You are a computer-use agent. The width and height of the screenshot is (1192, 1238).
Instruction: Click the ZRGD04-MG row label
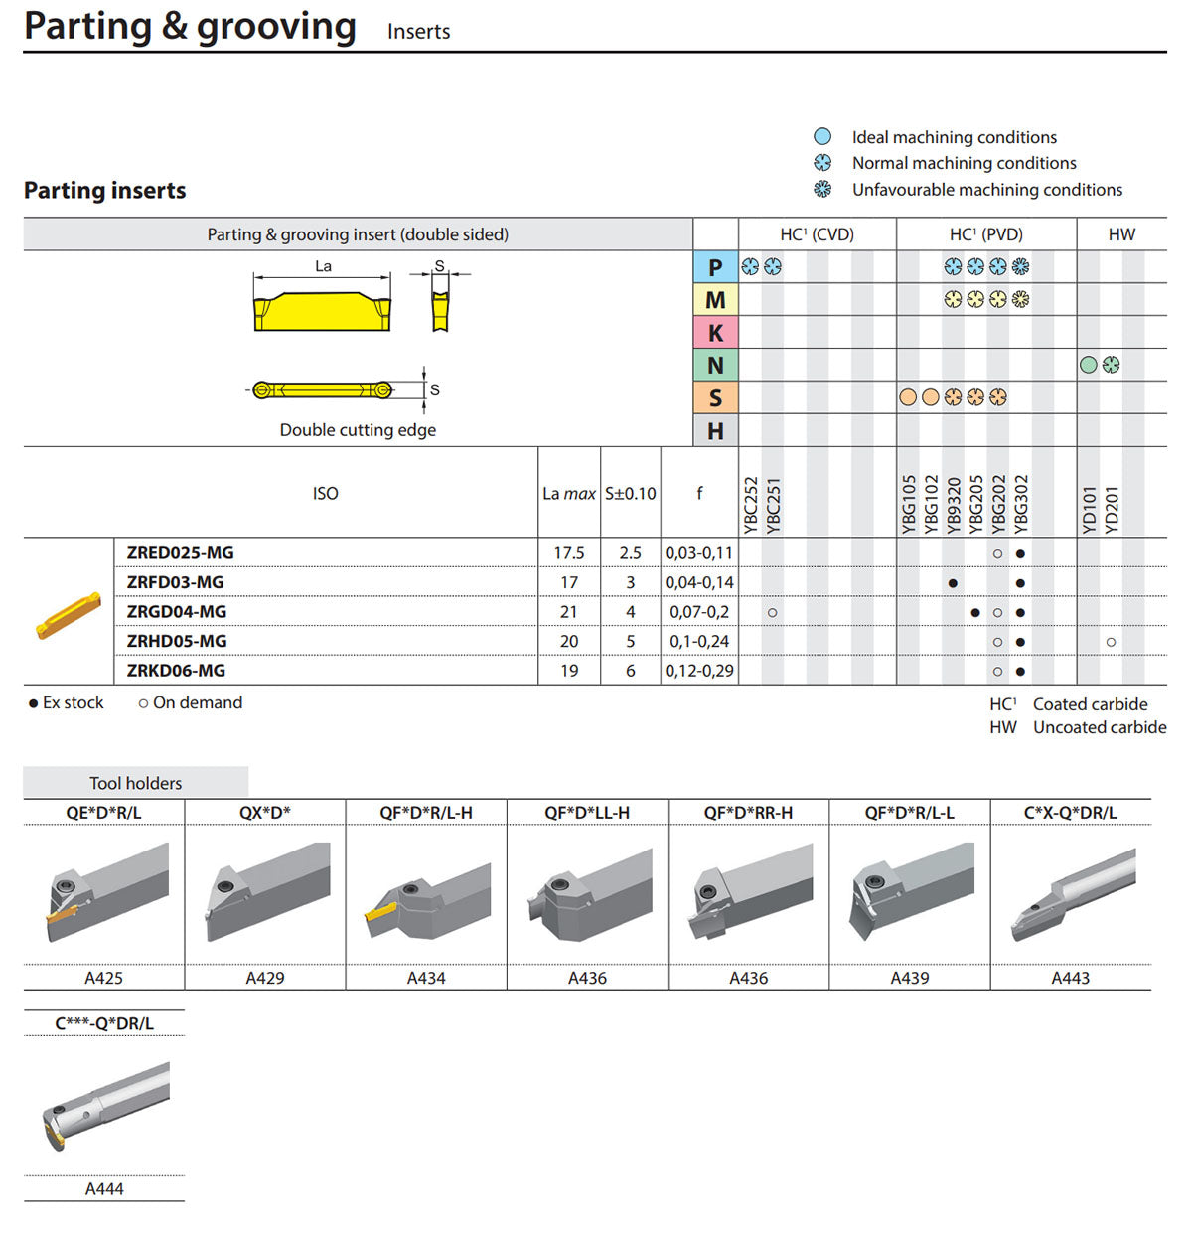(x=176, y=611)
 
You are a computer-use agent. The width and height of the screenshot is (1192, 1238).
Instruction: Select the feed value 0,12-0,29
(x=699, y=671)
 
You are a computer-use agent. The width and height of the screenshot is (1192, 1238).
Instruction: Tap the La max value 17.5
(x=568, y=552)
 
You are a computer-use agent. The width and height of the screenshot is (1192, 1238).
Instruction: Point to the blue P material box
(x=715, y=267)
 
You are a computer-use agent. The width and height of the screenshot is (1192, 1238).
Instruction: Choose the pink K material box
(x=715, y=333)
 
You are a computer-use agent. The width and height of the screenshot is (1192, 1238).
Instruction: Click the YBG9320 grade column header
(x=953, y=505)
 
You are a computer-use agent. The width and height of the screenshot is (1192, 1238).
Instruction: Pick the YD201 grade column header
(x=1111, y=511)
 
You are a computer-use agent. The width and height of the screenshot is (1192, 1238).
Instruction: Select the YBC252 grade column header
(x=751, y=505)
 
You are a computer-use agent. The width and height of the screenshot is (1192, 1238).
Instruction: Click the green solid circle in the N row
(x=1089, y=365)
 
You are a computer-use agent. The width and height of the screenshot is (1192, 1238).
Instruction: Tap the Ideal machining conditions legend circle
(x=822, y=136)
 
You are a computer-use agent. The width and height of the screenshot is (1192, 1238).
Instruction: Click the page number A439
(x=910, y=978)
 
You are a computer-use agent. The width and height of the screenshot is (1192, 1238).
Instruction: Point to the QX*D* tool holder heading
(x=265, y=813)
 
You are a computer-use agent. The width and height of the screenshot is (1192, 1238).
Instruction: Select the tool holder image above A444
(x=106, y=1106)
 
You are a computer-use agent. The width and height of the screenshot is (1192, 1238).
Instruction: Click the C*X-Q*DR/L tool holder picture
(x=1073, y=894)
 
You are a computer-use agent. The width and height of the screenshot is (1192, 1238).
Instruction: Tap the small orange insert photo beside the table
(x=69, y=615)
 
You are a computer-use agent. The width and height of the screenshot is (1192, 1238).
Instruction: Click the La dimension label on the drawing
(x=323, y=266)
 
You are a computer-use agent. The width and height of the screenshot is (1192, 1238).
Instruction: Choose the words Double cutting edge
(x=359, y=430)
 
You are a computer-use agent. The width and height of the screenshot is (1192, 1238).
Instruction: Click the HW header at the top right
(x=1121, y=234)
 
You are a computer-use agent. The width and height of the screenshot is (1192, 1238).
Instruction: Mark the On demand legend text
(x=198, y=702)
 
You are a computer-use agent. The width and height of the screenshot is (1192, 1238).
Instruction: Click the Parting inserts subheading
(x=105, y=190)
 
